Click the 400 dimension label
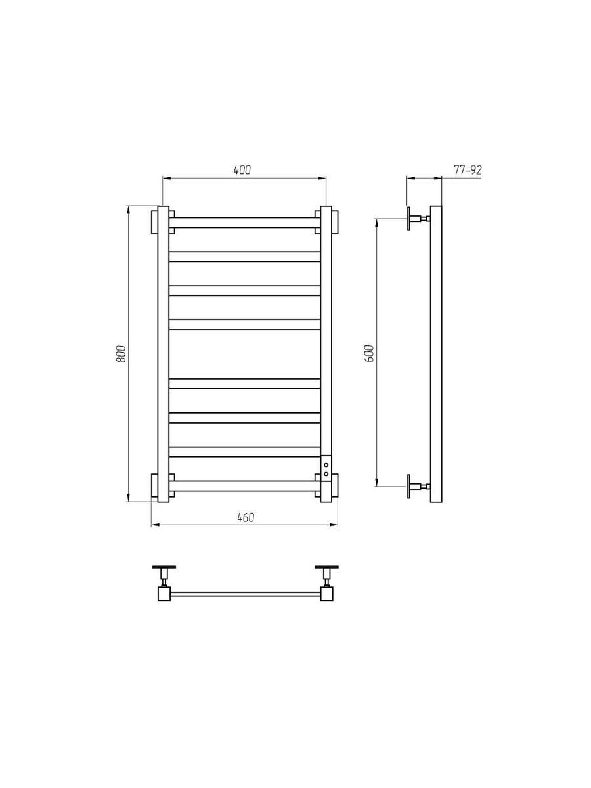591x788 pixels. [x=242, y=169]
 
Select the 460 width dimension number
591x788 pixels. [x=246, y=517]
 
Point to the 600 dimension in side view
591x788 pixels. [x=369, y=353]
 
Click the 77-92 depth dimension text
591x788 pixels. [x=468, y=170]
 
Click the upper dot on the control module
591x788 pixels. [x=326, y=466]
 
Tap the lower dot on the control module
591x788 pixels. [x=326, y=474]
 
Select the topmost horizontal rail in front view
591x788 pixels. [x=245, y=222]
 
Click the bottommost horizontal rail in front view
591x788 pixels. [x=245, y=486]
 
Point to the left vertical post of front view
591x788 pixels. [x=164, y=354]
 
